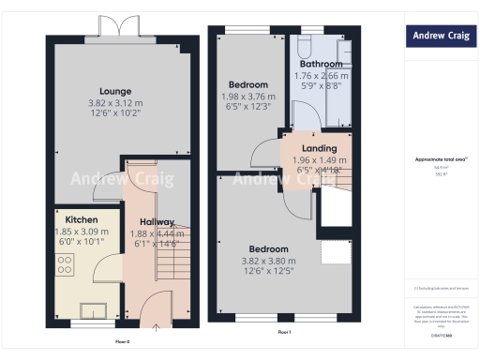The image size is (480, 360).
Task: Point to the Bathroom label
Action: (x=321, y=65)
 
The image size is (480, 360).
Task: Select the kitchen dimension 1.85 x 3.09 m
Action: (x=80, y=231)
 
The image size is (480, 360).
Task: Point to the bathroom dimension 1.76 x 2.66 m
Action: (x=321, y=76)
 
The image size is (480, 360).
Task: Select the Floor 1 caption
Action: (x=284, y=333)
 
